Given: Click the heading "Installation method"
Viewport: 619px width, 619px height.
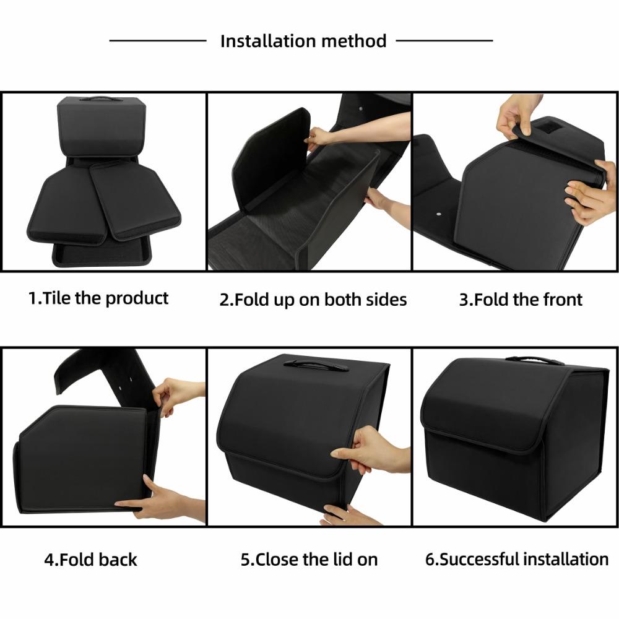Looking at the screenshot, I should click(303, 41).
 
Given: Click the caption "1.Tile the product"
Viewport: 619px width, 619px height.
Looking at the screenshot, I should click(98, 298).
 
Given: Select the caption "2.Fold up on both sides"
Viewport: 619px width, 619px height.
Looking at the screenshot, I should click(313, 300).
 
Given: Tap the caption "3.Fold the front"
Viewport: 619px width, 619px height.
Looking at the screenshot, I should click(521, 300).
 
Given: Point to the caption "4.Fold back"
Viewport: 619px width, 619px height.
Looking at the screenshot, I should click(90, 560).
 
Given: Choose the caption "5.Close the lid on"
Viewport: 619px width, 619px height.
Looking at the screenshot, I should click(309, 560).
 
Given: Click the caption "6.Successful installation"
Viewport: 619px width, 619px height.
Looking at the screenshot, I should click(517, 560).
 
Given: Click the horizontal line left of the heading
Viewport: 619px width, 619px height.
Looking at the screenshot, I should click(158, 41).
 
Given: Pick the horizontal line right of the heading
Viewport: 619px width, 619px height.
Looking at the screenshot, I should click(444, 41).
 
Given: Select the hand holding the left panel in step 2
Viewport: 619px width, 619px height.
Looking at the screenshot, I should click(320, 137).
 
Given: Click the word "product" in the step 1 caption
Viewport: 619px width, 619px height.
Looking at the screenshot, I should click(137, 298).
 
